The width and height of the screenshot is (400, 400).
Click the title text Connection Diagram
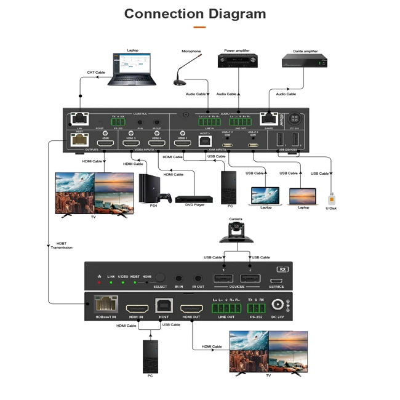tap(195, 14)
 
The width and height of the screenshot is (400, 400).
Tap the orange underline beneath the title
tap(199, 27)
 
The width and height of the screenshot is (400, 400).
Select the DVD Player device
tap(194, 199)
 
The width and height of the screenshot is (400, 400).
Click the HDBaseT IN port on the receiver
tap(102, 305)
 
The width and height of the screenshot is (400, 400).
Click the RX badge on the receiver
tap(282, 270)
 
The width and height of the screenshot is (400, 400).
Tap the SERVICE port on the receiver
tap(276, 280)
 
